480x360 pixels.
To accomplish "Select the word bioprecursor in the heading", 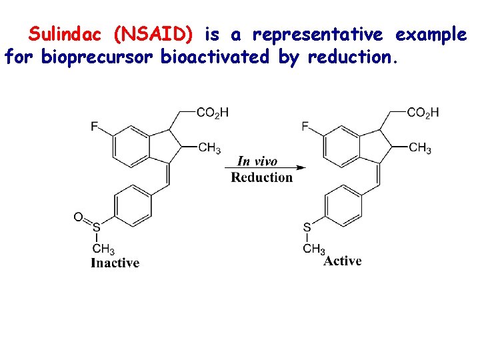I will point(97,57).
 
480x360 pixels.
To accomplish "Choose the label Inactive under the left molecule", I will point(115,263).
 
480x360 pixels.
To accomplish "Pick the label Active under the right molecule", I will point(343,261).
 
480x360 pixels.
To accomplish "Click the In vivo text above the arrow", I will point(257,161).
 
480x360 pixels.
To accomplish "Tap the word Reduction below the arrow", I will point(262,177).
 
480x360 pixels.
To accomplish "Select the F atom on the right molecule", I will point(305,126).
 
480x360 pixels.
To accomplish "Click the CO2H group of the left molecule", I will point(212,113).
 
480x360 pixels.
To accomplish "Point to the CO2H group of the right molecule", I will point(423,113).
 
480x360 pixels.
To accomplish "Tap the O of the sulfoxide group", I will point(79,217).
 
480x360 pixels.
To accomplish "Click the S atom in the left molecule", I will point(97,228).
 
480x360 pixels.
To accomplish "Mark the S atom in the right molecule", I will point(307,228).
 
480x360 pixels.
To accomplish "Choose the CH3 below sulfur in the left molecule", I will point(103,249).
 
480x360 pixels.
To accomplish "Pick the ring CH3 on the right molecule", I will point(420,148).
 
